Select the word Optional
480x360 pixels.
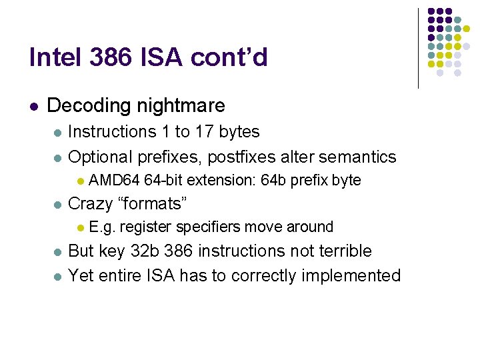pos(101,157)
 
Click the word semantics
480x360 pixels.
pos(357,157)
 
